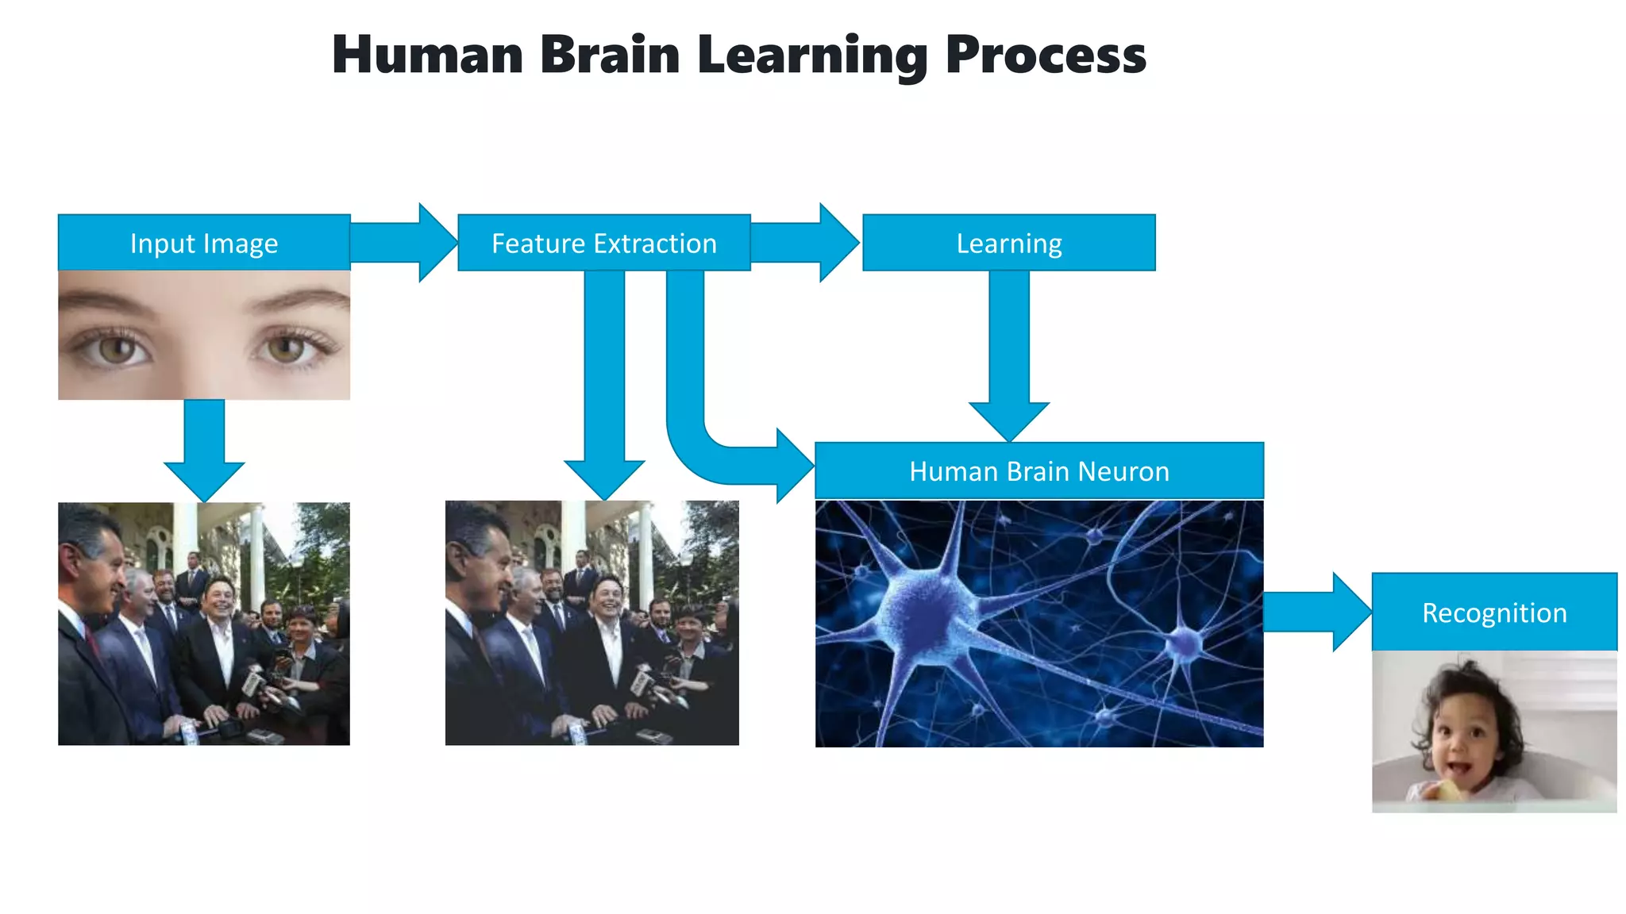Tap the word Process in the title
(1045, 56)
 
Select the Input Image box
(204, 243)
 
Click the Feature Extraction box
(604, 243)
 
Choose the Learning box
(1009, 243)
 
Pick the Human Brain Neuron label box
(1039, 471)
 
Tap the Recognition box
(1494, 613)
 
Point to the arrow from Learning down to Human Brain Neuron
(1009, 357)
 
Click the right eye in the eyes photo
(286, 348)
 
